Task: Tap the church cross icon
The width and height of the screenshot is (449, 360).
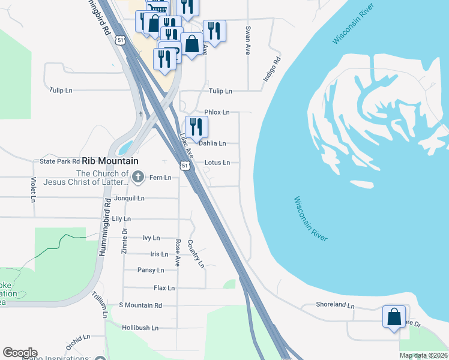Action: pos(138,176)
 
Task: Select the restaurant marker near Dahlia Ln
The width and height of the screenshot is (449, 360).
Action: pos(196,127)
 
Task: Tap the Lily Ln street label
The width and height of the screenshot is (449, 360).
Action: pos(121,220)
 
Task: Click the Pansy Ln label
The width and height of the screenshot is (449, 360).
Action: pos(151,270)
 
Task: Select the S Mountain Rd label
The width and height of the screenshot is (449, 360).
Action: pos(141,305)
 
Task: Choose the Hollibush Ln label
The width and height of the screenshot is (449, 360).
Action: pos(140,328)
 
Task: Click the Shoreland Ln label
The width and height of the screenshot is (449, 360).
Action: pos(336,305)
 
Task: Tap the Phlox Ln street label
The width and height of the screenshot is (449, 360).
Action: pos(217,112)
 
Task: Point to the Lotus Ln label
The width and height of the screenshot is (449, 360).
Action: pos(217,163)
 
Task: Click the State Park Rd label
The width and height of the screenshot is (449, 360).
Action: pos(59,161)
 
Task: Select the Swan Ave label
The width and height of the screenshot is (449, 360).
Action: pos(247,41)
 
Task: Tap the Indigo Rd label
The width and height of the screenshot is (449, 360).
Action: pos(272,70)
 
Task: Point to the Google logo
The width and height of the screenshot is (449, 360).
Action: pos(20,353)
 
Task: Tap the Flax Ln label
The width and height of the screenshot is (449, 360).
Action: pos(164,288)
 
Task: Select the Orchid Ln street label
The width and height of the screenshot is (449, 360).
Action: pos(77,343)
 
